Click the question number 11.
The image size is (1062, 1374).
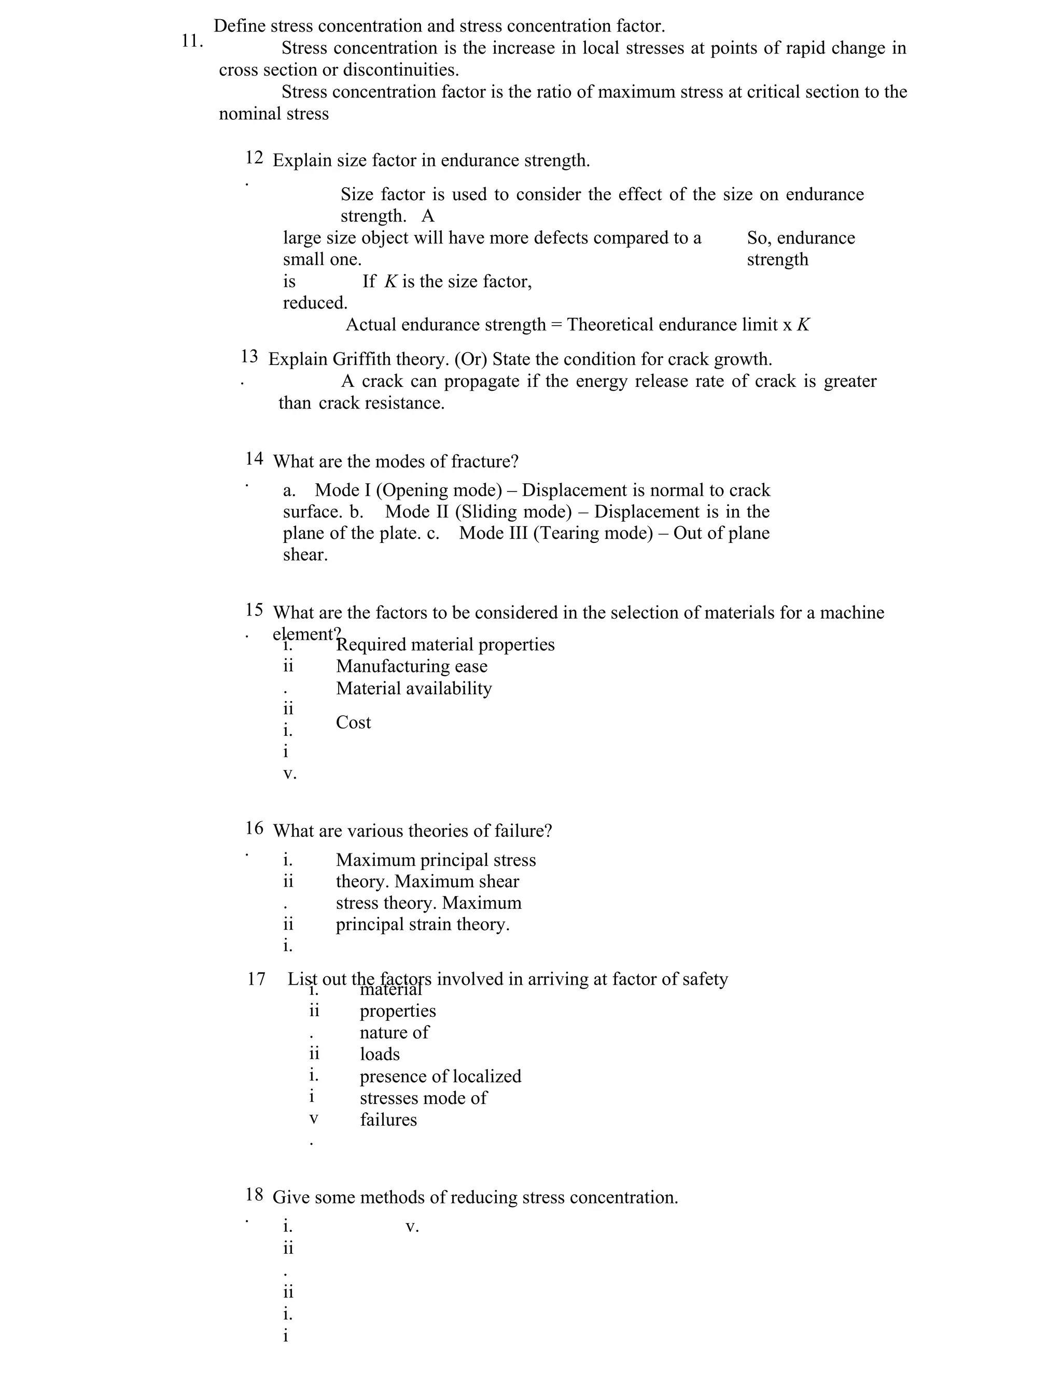(191, 41)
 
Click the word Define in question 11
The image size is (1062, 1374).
(239, 26)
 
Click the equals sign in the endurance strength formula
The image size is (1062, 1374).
(556, 325)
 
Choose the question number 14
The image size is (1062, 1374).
(254, 459)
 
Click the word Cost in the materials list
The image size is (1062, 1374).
(353, 722)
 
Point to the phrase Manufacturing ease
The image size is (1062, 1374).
(411, 666)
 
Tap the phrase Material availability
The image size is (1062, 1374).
(414, 688)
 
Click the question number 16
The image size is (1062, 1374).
(254, 828)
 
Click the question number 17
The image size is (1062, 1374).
(256, 979)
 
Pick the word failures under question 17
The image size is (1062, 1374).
(388, 1119)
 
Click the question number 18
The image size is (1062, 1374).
(254, 1194)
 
